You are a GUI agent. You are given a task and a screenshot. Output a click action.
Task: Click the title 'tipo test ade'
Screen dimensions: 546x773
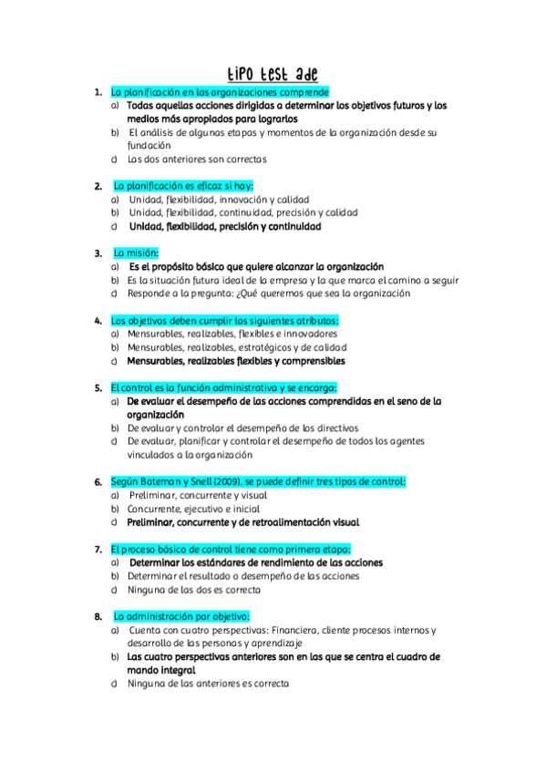tap(273, 73)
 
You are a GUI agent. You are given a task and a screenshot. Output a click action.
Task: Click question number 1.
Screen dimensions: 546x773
tap(98, 92)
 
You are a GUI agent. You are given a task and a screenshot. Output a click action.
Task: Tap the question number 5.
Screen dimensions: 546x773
tap(98, 386)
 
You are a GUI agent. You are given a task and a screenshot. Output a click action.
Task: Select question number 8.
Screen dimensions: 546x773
tap(98, 616)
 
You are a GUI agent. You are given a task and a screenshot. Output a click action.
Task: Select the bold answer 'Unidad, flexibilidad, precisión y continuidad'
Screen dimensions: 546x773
tap(224, 226)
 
